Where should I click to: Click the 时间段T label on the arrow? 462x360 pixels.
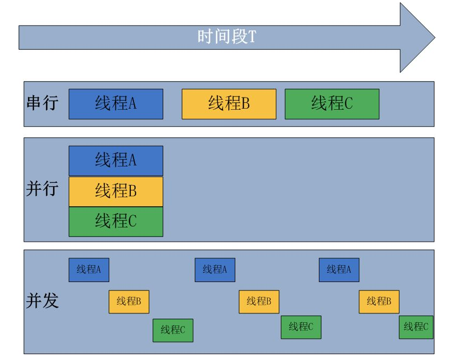227,37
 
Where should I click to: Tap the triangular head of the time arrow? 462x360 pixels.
416,37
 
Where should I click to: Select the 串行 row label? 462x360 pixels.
42,103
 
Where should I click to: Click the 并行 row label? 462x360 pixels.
42,189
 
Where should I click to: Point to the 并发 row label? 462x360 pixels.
42,301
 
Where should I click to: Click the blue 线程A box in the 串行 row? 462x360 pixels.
115,103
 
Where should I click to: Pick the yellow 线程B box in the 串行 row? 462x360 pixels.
229,103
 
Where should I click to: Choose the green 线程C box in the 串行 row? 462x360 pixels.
332,103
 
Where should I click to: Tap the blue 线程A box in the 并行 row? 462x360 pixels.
115,161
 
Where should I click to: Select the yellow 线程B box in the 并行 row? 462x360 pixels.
115,191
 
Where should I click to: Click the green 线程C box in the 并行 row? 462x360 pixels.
115,221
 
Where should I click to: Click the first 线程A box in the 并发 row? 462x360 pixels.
88,269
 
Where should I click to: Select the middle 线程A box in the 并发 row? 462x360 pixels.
215,269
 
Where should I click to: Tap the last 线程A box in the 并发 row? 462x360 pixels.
339,269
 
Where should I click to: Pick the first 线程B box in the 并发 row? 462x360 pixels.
129,302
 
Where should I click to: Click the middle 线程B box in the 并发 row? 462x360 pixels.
259,302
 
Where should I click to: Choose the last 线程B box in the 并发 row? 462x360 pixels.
379,302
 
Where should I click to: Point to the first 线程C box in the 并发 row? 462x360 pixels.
173,330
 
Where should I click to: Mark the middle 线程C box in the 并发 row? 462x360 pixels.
301,327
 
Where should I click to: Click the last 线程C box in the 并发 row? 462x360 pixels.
416,327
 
